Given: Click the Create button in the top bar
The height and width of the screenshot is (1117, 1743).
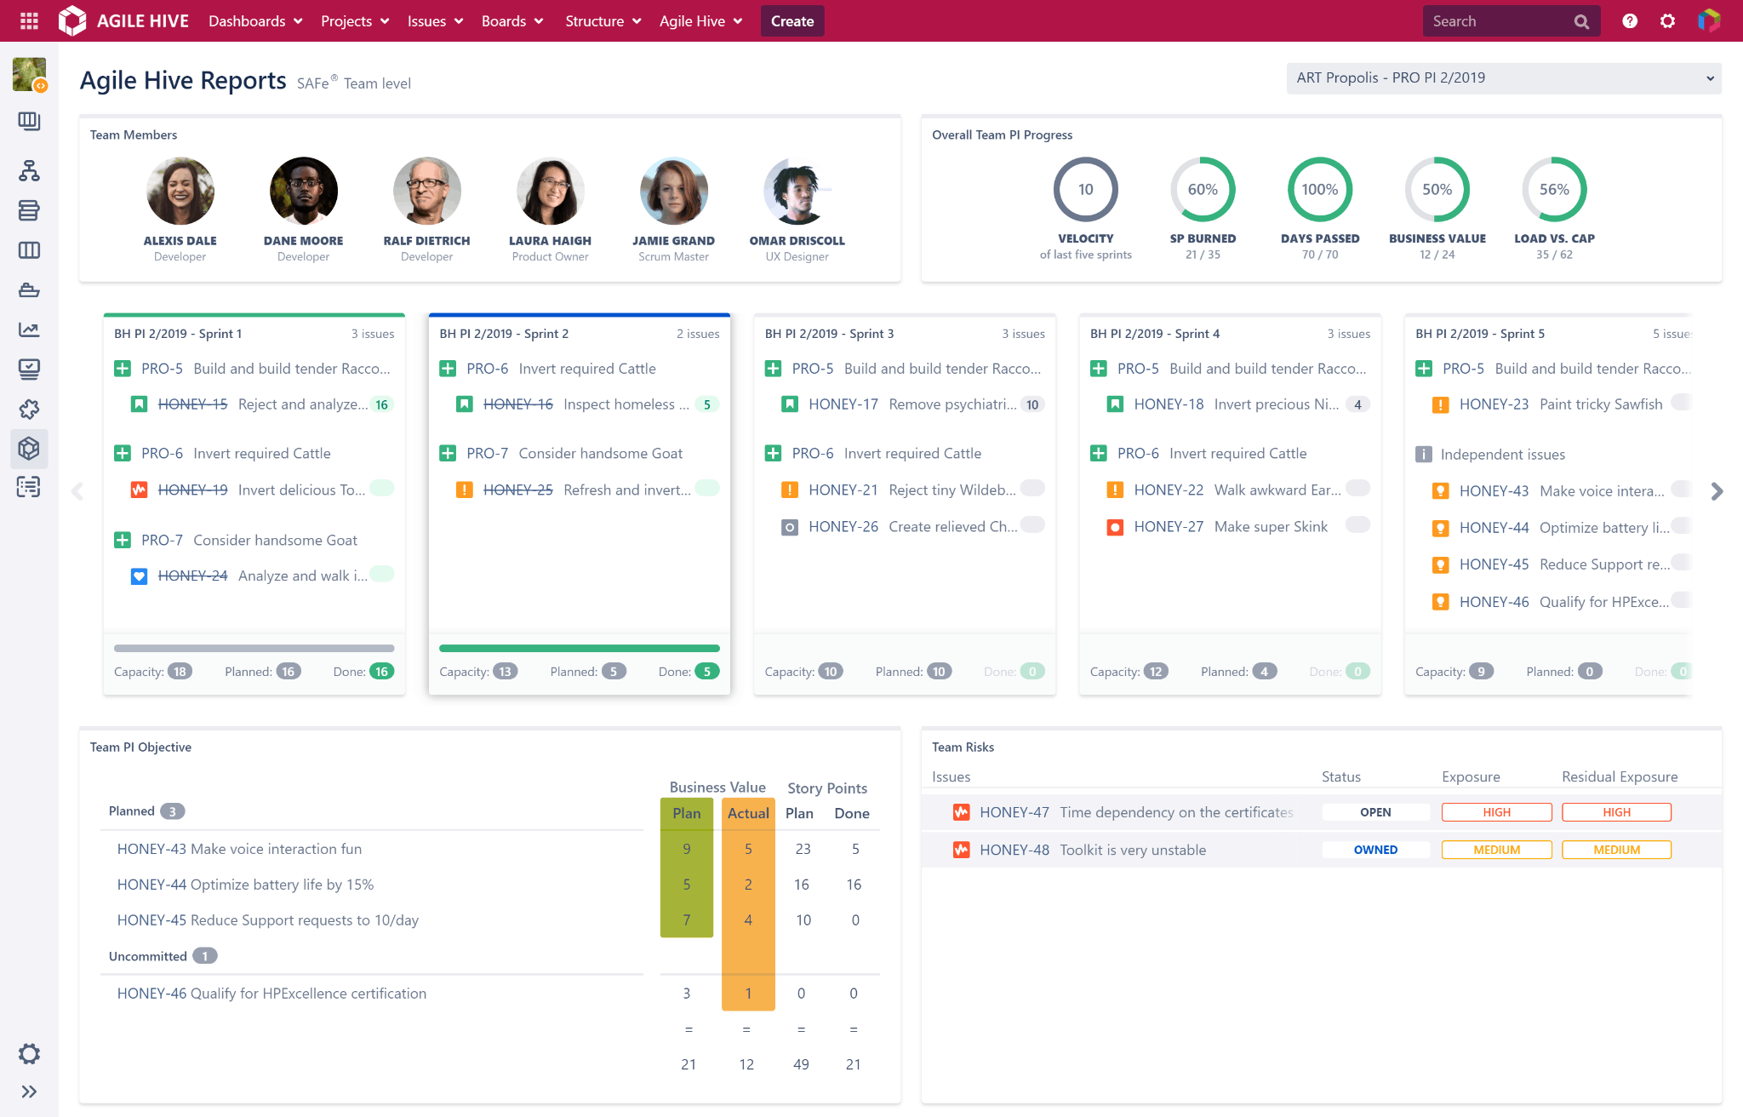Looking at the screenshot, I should tap(791, 21).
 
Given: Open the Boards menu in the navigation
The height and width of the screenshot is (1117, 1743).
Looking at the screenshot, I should tap(511, 21).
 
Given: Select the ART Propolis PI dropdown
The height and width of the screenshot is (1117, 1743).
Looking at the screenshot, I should tap(1503, 78).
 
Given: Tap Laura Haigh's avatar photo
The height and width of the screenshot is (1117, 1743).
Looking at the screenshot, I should tap(550, 191).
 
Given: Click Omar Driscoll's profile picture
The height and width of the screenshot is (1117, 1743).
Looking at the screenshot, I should tap(797, 191).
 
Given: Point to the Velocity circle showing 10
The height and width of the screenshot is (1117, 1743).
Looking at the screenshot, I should tap(1085, 189).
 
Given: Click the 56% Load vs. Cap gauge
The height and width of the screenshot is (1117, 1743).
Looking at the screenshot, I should tap(1553, 189).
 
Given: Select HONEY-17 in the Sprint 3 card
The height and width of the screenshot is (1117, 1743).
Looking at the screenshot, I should tap(843, 404).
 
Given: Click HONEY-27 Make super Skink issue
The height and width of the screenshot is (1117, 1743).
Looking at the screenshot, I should tap(1230, 527).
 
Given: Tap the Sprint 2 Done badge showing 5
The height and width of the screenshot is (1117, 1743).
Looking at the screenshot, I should tap(706, 672).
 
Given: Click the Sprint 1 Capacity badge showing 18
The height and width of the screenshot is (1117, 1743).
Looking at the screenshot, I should tap(180, 672).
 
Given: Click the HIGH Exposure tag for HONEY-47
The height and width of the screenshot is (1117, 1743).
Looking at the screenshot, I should tap(1496, 812).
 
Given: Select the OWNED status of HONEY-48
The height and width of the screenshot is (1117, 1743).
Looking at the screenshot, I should tap(1375, 850).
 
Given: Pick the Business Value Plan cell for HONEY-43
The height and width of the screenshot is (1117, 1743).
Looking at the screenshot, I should tap(686, 849).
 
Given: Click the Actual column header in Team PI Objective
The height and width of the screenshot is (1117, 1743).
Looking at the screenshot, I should tap(747, 813).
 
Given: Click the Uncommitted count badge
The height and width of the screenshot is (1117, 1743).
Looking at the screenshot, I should tap(204, 956).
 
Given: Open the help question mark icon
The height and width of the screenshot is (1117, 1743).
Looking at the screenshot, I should tap(1629, 21).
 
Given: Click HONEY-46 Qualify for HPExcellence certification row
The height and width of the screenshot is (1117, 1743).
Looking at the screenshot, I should tap(271, 994).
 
